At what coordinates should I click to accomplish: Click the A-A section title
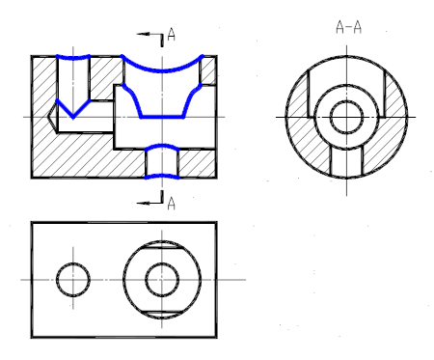(348, 27)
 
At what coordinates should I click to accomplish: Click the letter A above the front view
(172, 35)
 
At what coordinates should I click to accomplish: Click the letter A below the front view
(172, 204)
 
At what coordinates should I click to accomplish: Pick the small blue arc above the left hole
(73, 58)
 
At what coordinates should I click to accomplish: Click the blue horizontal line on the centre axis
(162, 117)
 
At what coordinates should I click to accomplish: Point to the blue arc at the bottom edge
(162, 176)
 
